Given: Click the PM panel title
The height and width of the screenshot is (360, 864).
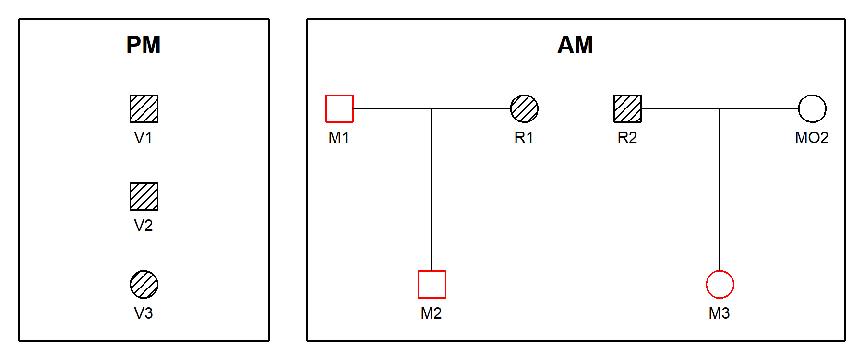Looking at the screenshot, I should (x=144, y=45).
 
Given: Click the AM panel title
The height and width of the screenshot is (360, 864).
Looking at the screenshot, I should (x=575, y=45).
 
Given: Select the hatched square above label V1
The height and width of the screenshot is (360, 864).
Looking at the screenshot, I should (x=144, y=108).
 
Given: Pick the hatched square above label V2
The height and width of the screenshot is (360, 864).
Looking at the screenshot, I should (x=144, y=196).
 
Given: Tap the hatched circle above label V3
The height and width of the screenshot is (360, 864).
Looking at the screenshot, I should (x=144, y=284).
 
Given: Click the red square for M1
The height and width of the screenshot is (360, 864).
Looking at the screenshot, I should (x=339, y=108).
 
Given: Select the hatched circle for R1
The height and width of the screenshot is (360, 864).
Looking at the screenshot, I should (x=524, y=108).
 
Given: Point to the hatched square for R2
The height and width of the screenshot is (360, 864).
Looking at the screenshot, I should (x=627, y=108).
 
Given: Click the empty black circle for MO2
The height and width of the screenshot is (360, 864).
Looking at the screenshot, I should (x=812, y=108).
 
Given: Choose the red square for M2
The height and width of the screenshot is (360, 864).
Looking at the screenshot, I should (x=432, y=284).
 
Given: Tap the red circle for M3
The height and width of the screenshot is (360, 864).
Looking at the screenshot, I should (x=720, y=284).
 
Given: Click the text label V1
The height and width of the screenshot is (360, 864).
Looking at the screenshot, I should (x=144, y=138).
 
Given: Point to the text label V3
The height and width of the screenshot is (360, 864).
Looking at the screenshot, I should (x=144, y=313).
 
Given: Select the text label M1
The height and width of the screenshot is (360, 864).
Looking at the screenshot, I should (x=339, y=138).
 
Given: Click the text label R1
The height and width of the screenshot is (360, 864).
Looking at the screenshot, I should (x=524, y=138).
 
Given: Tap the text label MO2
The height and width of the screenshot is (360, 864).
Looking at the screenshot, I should (x=812, y=138).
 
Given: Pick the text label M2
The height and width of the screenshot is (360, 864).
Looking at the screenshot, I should (x=431, y=313).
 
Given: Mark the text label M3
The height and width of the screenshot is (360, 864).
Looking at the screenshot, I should (x=719, y=313).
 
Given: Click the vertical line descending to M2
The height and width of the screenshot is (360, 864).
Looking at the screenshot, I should (x=432, y=192).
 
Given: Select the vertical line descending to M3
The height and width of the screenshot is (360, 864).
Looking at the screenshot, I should (x=720, y=192).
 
